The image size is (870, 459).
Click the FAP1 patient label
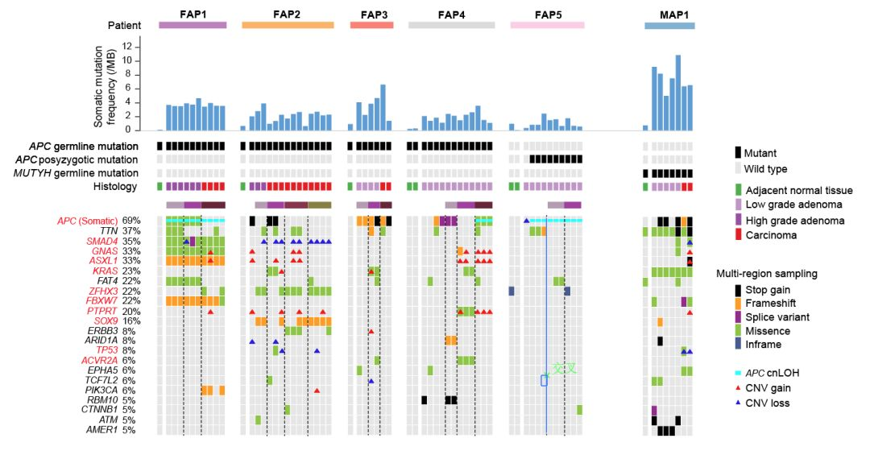pos(193,13)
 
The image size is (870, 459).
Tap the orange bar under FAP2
pos(288,25)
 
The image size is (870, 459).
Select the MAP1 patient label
pos(669,13)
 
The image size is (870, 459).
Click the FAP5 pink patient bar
pos(548,25)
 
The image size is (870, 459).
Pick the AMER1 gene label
pos(101,430)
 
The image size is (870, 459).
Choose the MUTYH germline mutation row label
pos(85,173)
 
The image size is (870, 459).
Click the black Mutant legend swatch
pos(738,152)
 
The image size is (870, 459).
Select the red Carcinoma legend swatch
pos(738,235)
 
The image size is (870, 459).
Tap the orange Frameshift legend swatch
pos(738,303)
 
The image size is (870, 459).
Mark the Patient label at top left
pos(125,25)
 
